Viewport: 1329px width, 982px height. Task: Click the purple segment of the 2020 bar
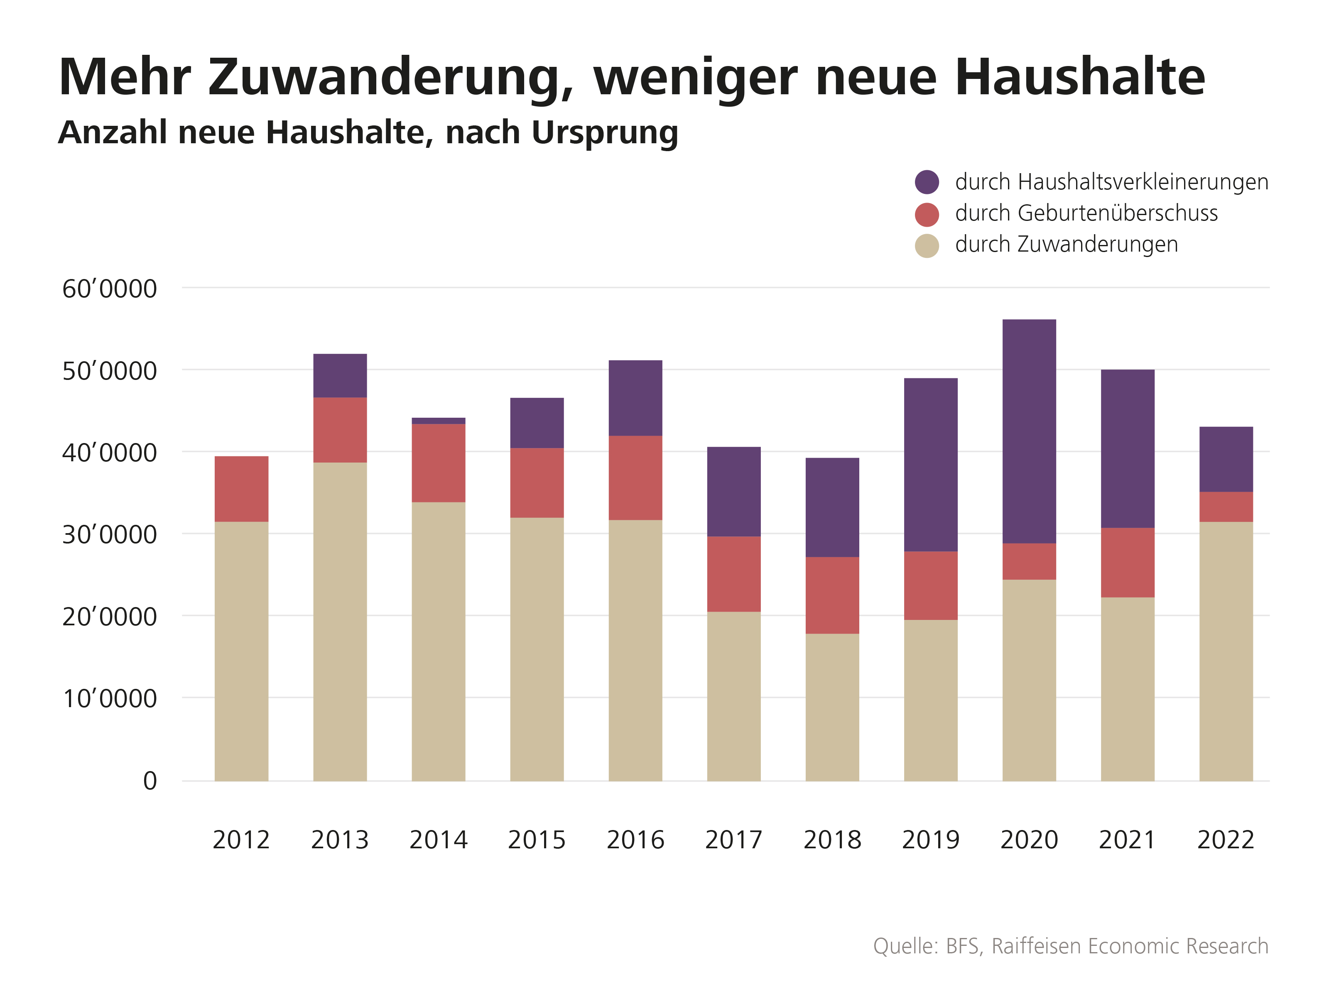pos(1029,431)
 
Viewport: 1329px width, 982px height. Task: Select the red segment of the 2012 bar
pos(241,489)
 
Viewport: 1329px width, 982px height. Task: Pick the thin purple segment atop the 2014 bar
pos(438,421)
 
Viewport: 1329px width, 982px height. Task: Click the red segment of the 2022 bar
pos(1226,507)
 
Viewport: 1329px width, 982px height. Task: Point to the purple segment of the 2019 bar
pos(931,464)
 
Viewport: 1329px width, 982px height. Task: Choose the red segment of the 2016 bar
pos(635,478)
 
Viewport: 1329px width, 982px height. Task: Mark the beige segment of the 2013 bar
pos(340,621)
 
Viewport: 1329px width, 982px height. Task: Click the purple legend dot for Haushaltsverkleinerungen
pos(927,182)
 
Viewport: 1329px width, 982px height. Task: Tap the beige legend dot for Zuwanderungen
pos(927,245)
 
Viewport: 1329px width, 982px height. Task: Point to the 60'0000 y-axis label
pos(109,289)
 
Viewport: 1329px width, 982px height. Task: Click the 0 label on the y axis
pos(150,781)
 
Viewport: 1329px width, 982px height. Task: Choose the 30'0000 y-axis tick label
pos(109,535)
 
